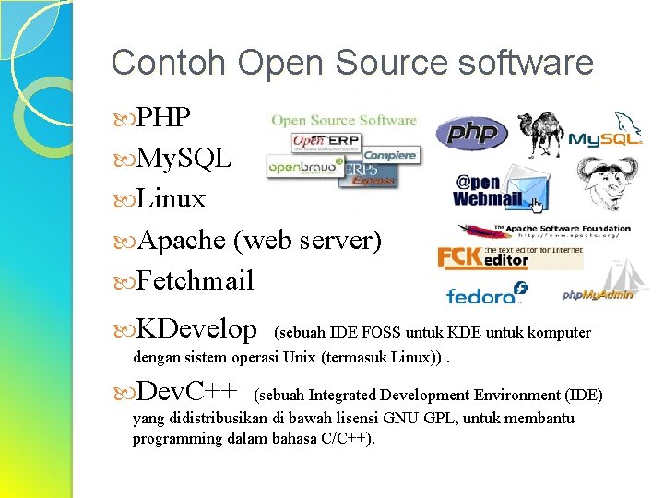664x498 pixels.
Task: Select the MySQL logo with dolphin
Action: pos(606,134)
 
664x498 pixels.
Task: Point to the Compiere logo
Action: pos(390,155)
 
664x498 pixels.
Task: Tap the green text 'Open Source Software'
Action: pos(343,120)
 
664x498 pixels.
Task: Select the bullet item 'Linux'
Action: pos(171,198)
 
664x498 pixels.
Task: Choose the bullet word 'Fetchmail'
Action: pos(195,280)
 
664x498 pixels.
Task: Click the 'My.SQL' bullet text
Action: pos(184,159)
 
